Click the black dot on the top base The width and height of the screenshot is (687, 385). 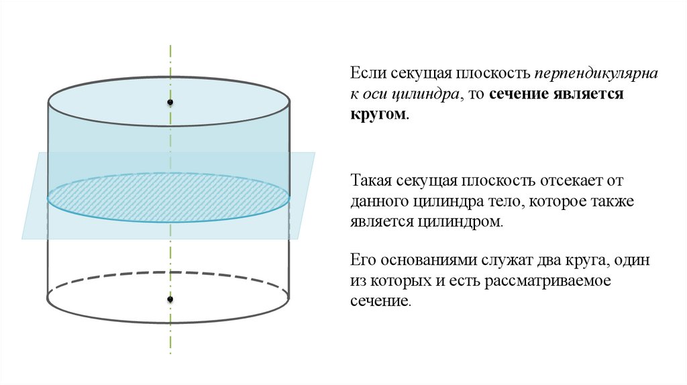pos(170,103)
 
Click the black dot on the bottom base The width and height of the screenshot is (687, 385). pos(170,298)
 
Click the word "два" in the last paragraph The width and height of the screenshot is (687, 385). pos(553,260)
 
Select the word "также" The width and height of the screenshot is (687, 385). pos(612,201)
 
